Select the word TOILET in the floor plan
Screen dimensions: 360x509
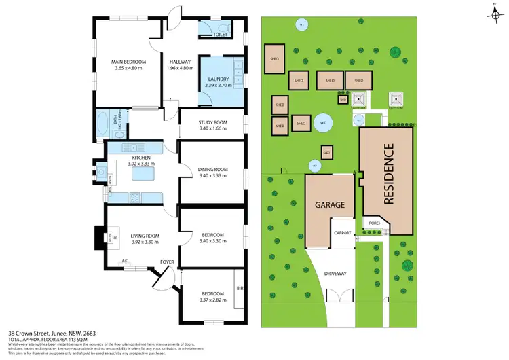[x=220, y=33]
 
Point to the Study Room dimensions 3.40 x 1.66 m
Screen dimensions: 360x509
[x=212, y=128]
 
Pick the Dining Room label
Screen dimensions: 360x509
[x=212, y=169]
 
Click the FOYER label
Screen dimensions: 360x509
[x=168, y=261]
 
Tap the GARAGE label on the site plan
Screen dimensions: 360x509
[x=329, y=204]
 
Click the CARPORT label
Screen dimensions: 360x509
[x=341, y=233]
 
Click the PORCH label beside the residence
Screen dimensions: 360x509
[x=373, y=222]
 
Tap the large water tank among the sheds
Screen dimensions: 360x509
[x=323, y=123]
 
